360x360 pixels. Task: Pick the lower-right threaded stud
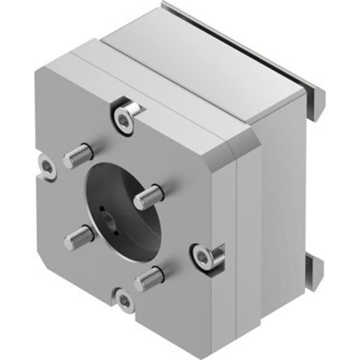point(148,278)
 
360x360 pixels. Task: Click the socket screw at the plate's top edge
point(124,121)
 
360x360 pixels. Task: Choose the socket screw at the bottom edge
point(124,302)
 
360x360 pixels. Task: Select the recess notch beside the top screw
point(136,108)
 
